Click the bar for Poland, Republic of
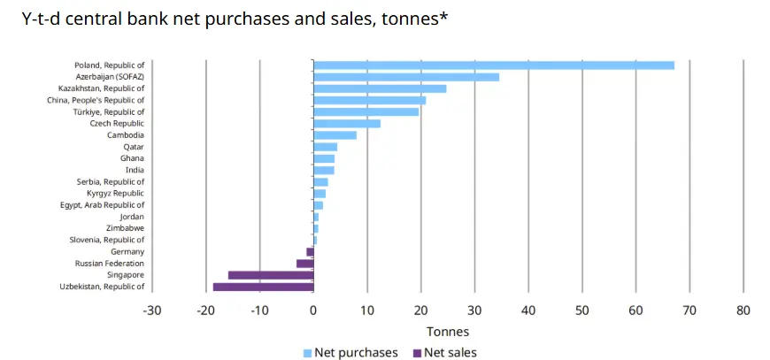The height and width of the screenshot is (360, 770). click(494, 65)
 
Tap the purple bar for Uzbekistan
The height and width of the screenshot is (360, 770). click(263, 287)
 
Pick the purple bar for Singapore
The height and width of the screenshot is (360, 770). click(271, 275)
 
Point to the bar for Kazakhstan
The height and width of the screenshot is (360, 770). click(380, 88)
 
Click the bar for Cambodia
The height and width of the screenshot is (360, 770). click(335, 135)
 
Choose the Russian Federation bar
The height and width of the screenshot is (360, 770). click(304, 264)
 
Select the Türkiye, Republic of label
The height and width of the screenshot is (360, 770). click(108, 112)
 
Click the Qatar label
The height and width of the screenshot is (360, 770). click(134, 147)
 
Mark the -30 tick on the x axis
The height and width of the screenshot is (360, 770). click(152, 310)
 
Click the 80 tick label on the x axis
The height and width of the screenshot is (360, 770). click(743, 310)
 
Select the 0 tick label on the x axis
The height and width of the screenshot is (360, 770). click(313, 310)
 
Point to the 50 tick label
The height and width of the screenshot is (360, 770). click(581, 310)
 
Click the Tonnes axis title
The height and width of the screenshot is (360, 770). click(448, 332)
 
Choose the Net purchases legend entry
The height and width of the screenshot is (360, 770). click(350, 353)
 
